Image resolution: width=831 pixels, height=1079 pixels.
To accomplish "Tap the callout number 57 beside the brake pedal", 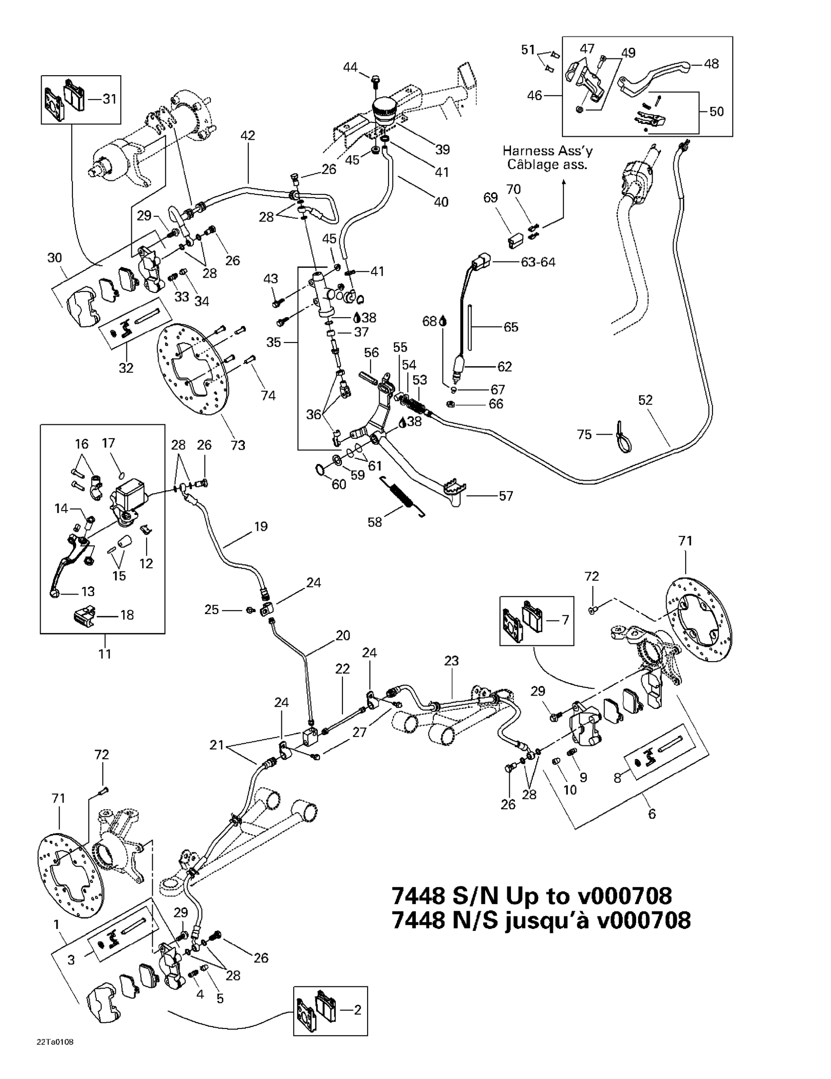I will (x=506, y=496).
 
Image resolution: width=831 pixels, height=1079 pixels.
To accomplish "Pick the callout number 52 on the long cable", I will (x=645, y=400).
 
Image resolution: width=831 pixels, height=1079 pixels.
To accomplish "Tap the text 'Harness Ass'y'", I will (x=547, y=151).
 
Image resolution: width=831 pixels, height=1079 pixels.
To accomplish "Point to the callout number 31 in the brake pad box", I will (x=109, y=99).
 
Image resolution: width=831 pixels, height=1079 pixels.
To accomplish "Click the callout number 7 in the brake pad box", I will (x=565, y=620).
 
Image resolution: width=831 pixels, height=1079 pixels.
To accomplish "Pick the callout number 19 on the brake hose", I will (x=260, y=526).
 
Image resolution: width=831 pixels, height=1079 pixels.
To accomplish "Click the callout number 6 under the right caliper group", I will (x=652, y=814).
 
